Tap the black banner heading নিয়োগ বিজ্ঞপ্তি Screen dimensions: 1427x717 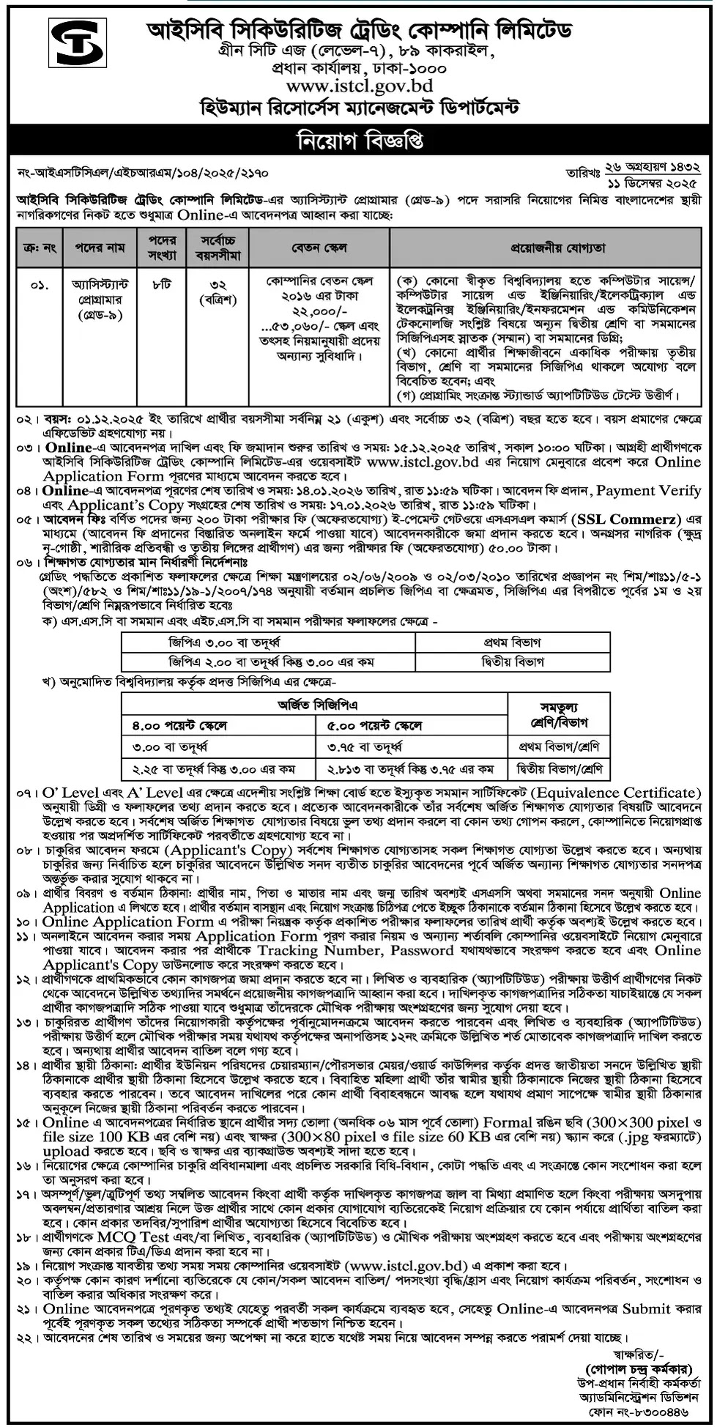358,140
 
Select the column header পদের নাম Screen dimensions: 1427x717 100,248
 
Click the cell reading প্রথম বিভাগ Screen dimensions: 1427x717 512,642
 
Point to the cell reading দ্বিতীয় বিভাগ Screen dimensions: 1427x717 513,661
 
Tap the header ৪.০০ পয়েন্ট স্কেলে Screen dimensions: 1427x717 180,725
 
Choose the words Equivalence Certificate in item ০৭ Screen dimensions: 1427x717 614,793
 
